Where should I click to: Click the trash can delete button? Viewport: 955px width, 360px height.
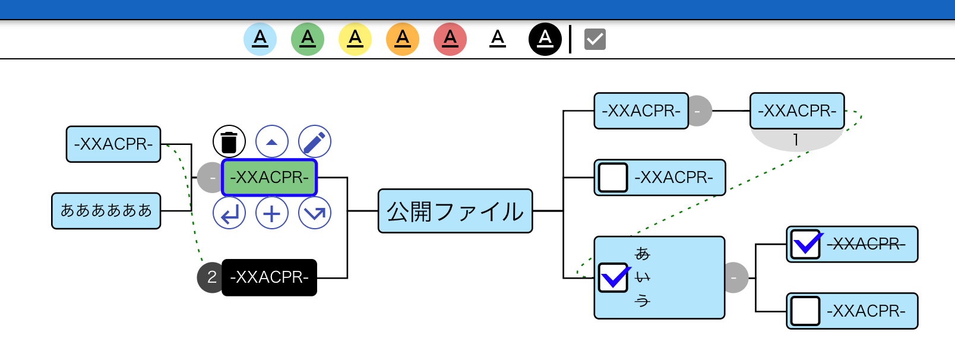(229, 142)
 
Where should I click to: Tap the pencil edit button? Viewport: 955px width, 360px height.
(314, 142)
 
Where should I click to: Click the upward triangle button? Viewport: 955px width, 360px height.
(272, 142)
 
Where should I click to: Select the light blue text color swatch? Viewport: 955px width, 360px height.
(260, 39)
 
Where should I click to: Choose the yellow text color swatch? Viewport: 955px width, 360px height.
(355, 39)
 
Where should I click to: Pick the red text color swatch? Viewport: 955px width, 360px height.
(450, 39)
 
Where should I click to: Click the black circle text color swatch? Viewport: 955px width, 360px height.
(545, 39)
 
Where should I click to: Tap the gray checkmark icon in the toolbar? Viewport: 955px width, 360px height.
(594, 40)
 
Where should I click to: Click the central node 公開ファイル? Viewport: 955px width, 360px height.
(456, 211)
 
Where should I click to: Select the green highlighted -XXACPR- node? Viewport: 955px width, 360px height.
(269, 178)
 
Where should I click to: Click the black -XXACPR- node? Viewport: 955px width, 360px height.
(269, 277)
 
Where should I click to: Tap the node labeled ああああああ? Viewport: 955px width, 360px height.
(106, 211)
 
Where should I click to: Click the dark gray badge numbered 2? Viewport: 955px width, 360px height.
(211, 277)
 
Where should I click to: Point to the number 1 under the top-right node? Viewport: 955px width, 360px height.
(796, 140)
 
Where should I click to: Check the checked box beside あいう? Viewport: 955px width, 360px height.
(614, 277)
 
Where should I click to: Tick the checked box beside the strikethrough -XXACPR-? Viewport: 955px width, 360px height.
(806, 244)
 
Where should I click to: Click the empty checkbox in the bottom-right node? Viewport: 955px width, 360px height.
(806, 311)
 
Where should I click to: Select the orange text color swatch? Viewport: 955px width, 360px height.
(403, 39)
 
